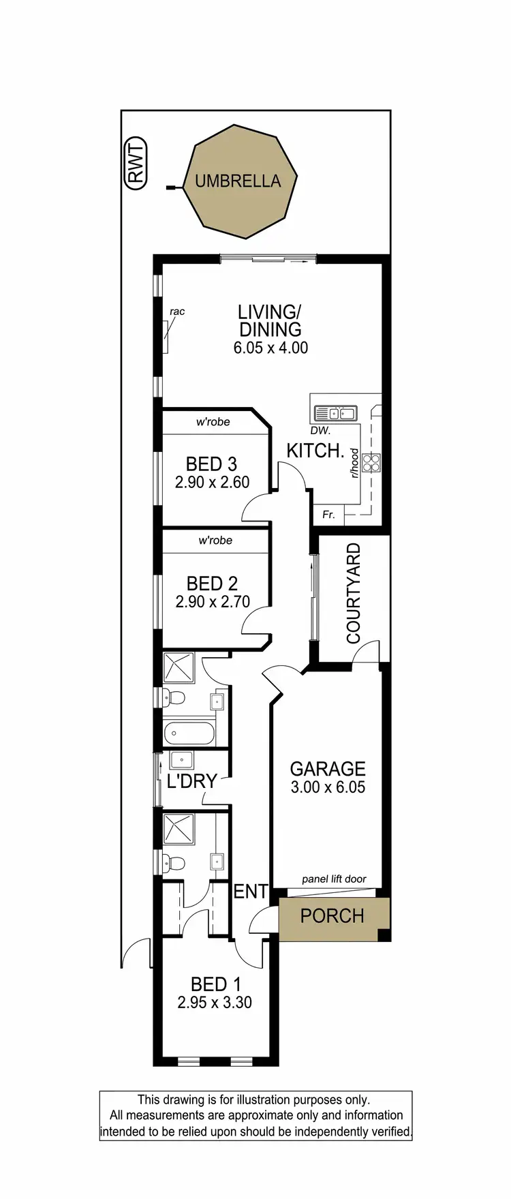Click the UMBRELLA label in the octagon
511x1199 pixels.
238,181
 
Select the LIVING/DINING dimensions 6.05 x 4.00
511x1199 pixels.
270,348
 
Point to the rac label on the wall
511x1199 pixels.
177,312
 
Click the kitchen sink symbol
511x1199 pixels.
335,413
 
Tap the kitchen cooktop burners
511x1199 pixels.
371,463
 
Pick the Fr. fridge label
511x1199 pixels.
328,515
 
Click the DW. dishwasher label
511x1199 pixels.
320,431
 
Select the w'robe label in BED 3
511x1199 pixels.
213,422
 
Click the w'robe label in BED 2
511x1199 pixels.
215,541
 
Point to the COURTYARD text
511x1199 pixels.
353,593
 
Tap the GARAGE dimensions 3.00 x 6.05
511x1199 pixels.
328,787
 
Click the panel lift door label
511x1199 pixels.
334,879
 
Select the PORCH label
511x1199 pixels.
332,916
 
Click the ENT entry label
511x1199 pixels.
251,892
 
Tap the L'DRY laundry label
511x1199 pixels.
192,781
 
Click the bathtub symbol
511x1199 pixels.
189,734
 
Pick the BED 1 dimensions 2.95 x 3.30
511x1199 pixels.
215,1003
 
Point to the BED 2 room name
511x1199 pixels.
212,583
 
